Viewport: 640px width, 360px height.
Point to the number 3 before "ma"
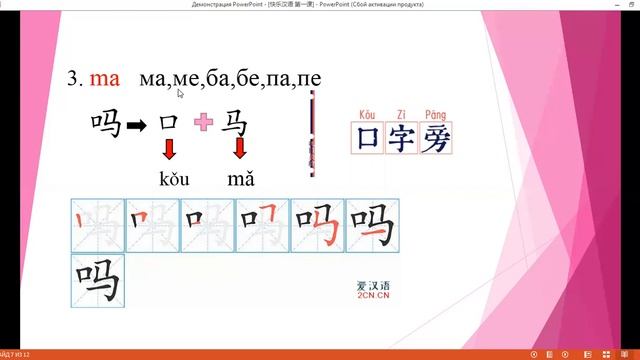(x=74, y=77)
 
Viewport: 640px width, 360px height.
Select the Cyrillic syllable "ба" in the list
(x=211, y=77)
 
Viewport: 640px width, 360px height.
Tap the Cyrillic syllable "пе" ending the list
(x=310, y=77)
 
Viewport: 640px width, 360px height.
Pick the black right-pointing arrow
(x=135, y=124)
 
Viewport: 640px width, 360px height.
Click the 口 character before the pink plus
(x=169, y=123)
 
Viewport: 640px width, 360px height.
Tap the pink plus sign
(x=204, y=123)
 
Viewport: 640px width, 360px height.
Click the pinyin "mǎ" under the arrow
(x=241, y=179)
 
